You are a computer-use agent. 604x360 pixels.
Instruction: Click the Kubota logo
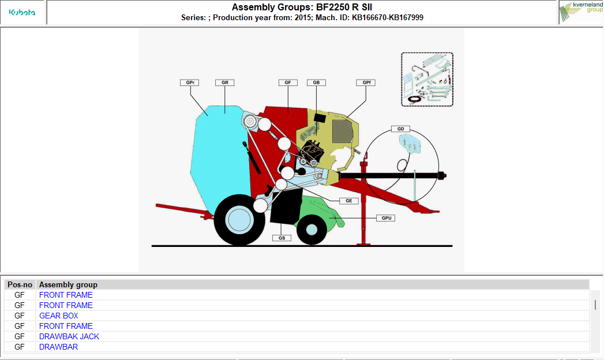(22, 12)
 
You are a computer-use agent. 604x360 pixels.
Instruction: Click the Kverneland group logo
(581, 12)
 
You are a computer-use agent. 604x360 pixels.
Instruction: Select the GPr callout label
(190, 82)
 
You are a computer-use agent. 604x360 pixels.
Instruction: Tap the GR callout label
(224, 82)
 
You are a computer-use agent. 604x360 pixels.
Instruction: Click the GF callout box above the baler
(288, 82)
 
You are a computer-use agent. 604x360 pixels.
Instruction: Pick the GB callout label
(316, 82)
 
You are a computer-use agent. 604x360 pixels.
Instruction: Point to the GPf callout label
(366, 82)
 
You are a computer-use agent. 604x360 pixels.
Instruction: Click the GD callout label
(400, 129)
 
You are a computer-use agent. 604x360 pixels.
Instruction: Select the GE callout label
(349, 201)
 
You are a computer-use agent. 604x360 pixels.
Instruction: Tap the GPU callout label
(386, 218)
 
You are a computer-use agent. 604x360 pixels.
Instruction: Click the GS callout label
(282, 238)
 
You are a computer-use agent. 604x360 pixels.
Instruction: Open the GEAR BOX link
(58, 316)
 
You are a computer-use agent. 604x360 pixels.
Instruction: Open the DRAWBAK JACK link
(69, 336)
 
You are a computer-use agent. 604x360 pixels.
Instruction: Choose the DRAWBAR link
(58, 347)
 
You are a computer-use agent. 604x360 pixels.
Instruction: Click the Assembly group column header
(68, 284)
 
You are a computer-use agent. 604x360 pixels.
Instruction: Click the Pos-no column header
(20, 284)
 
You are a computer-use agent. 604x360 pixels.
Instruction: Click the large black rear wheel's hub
(239, 220)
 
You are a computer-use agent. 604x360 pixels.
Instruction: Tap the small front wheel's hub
(312, 230)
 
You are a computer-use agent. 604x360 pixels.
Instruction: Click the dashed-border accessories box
(427, 79)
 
